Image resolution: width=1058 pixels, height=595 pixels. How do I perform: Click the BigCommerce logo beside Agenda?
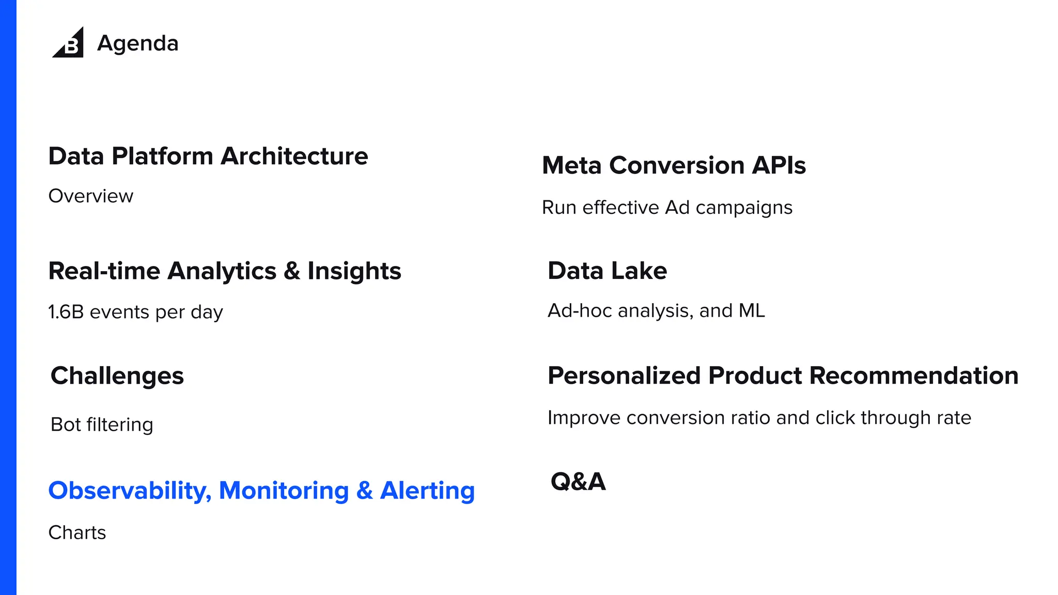(x=69, y=43)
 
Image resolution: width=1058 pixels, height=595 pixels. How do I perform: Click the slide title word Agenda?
(x=137, y=43)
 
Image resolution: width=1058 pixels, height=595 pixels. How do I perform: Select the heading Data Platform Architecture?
(x=208, y=156)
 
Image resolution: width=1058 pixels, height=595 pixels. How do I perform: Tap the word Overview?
(x=91, y=196)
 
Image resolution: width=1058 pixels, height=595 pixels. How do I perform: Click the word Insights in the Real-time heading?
(x=354, y=271)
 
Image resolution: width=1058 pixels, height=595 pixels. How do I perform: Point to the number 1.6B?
(x=66, y=312)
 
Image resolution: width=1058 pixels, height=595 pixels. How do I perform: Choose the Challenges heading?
(x=117, y=376)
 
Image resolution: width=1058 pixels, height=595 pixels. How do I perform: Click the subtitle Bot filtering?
(x=102, y=425)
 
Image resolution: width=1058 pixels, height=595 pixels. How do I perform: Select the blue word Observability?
(x=130, y=491)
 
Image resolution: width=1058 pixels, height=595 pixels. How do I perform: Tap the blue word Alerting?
(x=427, y=491)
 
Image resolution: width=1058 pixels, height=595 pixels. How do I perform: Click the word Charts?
(x=77, y=533)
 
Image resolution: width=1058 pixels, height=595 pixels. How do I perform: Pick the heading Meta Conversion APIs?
(x=674, y=166)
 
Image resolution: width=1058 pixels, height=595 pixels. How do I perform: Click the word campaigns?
(x=744, y=208)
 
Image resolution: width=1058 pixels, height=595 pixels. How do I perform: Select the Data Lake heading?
(x=607, y=271)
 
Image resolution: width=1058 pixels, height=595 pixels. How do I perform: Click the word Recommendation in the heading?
(x=914, y=375)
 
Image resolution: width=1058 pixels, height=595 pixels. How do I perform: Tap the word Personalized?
(x=624, y=375)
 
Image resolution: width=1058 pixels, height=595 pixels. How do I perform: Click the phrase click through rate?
(x=893, y=417)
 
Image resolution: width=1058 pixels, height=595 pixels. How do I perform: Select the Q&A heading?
(x=578, y=481)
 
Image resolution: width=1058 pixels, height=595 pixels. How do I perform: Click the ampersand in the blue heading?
(x=364, y=491)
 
